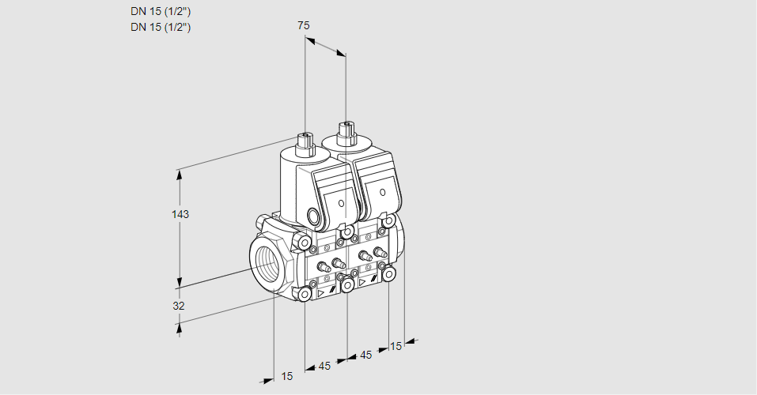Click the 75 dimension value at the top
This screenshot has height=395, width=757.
click(x=303, y=25)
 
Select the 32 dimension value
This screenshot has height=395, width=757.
click(x=179, y=306)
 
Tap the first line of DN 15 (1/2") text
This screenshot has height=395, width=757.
click(x=161, y=11)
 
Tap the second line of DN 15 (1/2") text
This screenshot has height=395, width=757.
click(x=161, y=27)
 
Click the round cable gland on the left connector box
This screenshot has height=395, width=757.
click(x=315, y=216)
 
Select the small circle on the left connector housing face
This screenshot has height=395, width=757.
click(x=341, y=203)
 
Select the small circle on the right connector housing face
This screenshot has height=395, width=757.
click(x=382, y=191)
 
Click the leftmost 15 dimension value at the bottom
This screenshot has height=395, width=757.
click(x=286, y=376)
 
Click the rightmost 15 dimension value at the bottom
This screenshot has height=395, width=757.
click(x=396, y=344)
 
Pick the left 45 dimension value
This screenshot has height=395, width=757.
click(x=324, y=366)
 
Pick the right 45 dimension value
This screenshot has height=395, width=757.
click(x=365, y=355)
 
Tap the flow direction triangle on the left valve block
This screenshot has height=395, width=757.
click(x=321, y=292)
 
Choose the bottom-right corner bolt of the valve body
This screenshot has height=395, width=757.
click(x=388, y=273)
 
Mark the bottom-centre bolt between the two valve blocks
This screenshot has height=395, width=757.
click(x=347, y=284)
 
